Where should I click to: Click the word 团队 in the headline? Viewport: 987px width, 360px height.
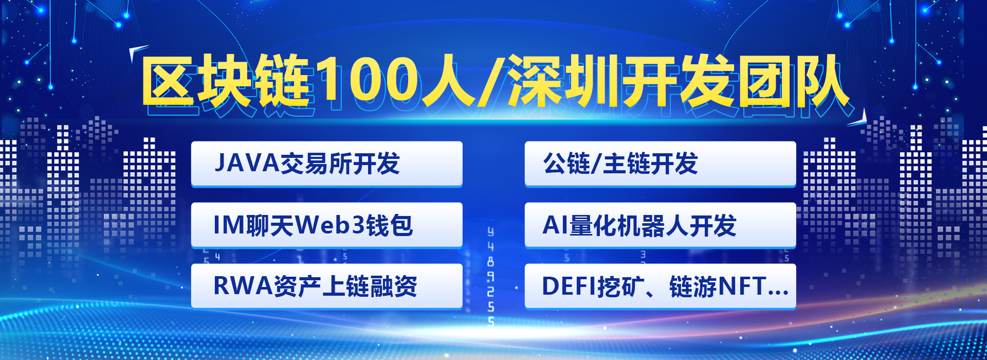point(793,81)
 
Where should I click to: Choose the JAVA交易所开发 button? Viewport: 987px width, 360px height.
point(327,164)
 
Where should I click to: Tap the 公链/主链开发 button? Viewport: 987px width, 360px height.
point(660,164)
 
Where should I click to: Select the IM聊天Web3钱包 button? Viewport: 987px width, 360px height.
point(327,225)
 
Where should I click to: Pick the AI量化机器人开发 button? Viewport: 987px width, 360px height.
point(660,225)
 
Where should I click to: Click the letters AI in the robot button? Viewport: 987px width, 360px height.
point(555,225)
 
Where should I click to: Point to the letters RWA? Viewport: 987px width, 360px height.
point(243,286)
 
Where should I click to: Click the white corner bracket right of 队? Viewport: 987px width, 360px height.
point(858,120)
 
